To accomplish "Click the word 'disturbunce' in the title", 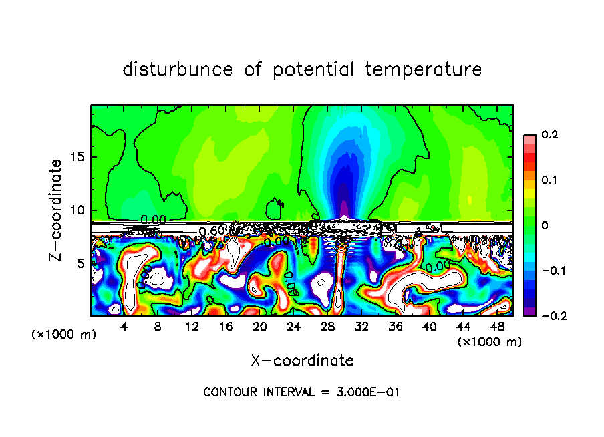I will point(178,69).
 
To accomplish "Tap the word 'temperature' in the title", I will point(423,69).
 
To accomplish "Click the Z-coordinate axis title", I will point(56,210).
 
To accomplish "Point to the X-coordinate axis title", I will point(302,361).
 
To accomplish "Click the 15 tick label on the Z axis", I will point(77,158).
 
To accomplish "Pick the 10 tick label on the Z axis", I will point(77,210).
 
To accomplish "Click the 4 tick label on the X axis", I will point(124,327).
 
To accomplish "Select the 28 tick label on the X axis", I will point(327,327).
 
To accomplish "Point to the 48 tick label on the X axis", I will point(497,327).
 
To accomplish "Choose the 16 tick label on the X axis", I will point(226,327).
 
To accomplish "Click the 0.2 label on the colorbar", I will point(549,135).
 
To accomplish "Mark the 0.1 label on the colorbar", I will point(549,180).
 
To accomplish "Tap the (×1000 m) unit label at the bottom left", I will point(64,335).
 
